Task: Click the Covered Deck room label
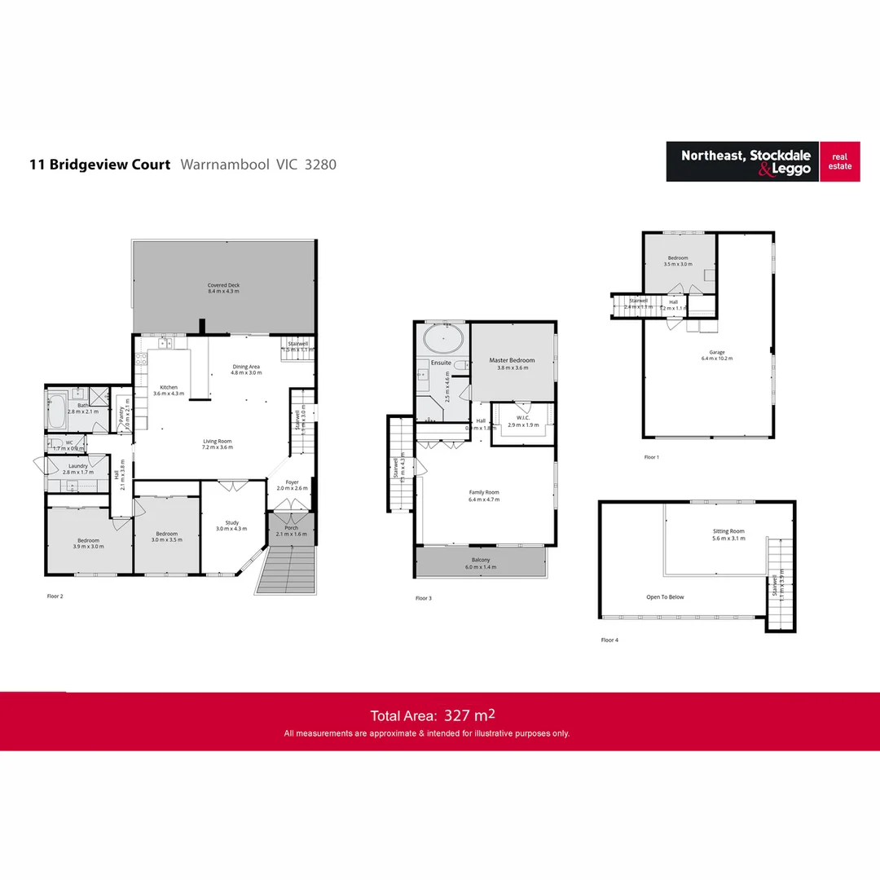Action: pos(223,285)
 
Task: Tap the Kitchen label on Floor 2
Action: pos(169,388)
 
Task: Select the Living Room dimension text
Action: pos(218,447)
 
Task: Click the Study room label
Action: pos(232,522)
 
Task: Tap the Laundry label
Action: pos(78,467)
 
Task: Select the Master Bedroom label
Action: pos(512,360)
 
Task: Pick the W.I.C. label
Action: pos(521,419)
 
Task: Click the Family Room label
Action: pos(484,492)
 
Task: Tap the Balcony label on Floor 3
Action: pos(481,561)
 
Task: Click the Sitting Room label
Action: pos(728,531)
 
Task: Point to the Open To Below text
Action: pos(665,597)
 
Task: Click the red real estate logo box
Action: pos(840,161)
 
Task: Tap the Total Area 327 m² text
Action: pos(433,715)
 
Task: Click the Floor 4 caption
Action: pos(609,640)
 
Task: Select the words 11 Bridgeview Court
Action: pos(100,165)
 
